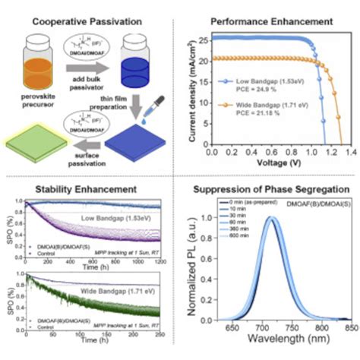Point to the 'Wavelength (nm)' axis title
pyautogui.click(x=279, y=350)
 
